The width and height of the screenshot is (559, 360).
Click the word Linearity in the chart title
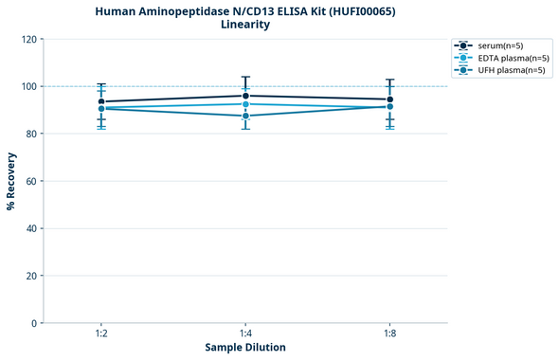(x=244, y=25)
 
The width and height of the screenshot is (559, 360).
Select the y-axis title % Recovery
(x=11, y=181)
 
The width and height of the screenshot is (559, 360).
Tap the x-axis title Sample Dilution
(x=245, y=348)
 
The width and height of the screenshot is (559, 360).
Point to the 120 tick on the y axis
(x=28, y=39)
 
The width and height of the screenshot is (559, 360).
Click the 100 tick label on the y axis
(x=28, y=86)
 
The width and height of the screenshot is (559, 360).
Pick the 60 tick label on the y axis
(x=31, y=181)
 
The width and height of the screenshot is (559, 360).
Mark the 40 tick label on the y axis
(x=31, y=228)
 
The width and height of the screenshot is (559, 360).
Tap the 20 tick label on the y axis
(x=31, y=276)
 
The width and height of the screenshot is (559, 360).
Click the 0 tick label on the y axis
(x=34, y=323)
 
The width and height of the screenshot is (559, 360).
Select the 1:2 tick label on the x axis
(x=101, y=334)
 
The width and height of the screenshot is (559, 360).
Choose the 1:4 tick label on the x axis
(x=245, y=334)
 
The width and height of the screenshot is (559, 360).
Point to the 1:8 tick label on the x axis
(x=389, y=334)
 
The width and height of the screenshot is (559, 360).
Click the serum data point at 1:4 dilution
(x=245, y=96)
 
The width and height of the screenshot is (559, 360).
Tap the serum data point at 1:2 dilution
(x=101, y=101)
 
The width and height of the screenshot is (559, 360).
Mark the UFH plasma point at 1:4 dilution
(x=245, y=116)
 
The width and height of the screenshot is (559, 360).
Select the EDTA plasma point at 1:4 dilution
(x=245, y=104)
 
